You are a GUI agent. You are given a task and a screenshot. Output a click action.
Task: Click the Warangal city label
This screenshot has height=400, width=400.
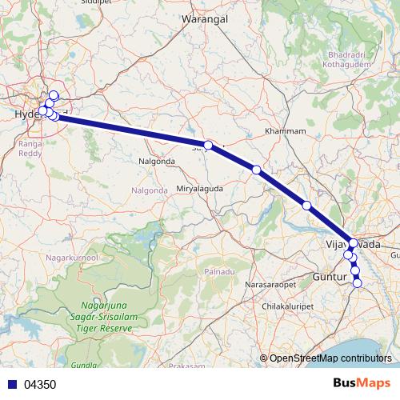206,18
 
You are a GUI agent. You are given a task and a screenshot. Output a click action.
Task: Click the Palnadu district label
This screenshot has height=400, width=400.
220,272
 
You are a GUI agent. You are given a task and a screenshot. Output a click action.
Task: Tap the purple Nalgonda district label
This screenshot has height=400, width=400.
150,190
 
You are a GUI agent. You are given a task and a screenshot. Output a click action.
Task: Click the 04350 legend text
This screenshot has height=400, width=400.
40,384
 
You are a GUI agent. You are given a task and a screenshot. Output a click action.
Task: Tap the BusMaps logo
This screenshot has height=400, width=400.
362,383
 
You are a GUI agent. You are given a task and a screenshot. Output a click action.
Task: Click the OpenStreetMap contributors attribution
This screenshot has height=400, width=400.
330,358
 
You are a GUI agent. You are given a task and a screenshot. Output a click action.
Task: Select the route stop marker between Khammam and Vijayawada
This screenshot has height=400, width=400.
306,206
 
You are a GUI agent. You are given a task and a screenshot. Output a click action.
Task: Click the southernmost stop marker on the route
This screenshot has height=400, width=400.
358,282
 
